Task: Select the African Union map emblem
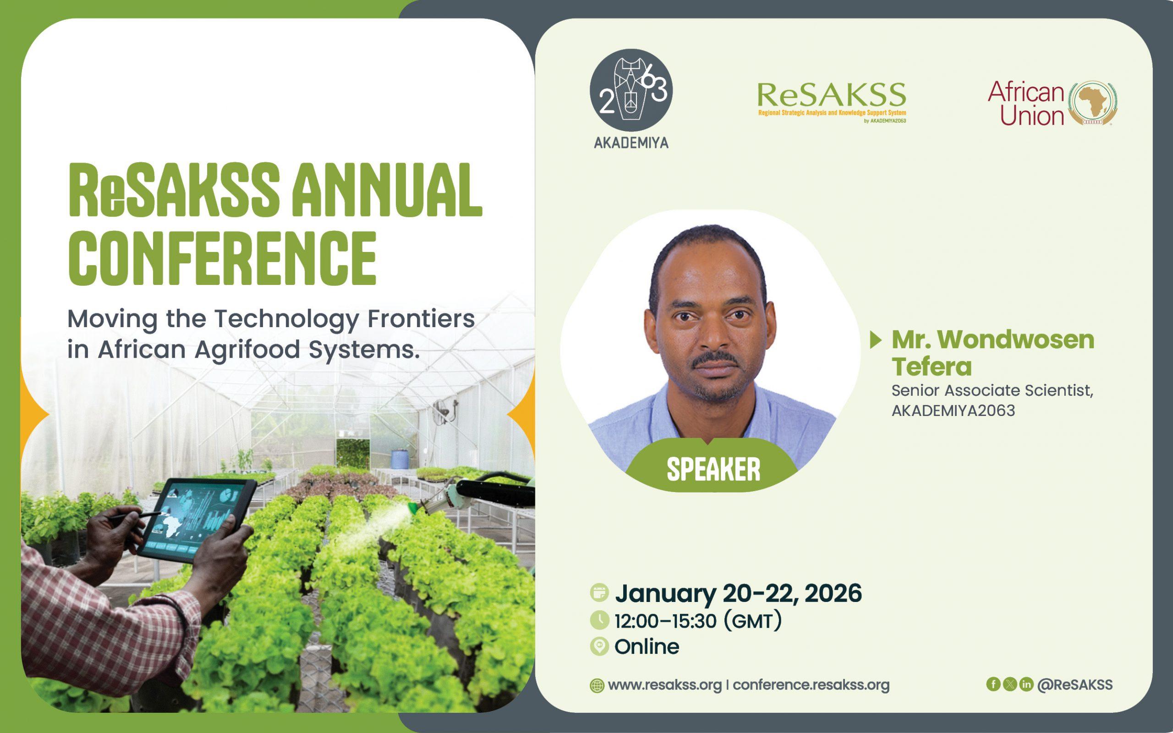tap(1092, 103)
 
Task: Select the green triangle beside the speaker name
tap(875, 340)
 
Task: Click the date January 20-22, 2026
tap(738, 593)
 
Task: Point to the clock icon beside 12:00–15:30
tap(599, 620)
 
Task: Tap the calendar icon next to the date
tap(599, 593)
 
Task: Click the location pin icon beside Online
tap(599, 647)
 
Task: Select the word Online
tap(647, 646)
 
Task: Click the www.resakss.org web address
tap(664, 685)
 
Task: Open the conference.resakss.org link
tap(811, 685)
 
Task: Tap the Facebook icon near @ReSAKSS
tap(993, 684)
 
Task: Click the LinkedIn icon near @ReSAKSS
tap(1026, 684)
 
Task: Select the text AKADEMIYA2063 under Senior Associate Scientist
tap(953, 411)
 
